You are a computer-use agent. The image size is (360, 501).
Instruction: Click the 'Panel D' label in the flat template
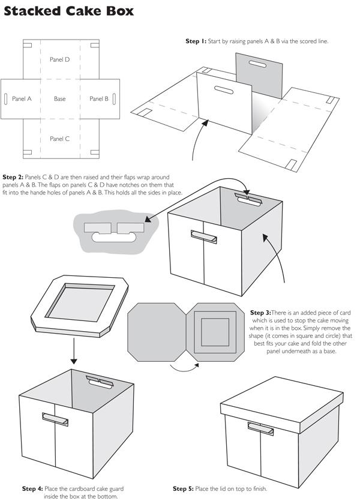(59, 60)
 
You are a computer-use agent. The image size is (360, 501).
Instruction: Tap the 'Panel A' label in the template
(22, 99)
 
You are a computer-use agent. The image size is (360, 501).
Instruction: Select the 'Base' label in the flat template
(59, 99)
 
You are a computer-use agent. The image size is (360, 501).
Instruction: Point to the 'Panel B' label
(99, 99)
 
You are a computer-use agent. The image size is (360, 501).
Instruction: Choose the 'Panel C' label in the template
(60, 139)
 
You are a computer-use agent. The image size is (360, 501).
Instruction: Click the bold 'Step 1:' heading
(196, 41)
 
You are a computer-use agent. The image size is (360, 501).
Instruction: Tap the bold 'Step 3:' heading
(260, 313)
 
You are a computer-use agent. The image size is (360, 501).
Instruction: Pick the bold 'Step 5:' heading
(183, 488)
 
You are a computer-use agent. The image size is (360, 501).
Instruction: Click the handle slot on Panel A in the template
(6, 99)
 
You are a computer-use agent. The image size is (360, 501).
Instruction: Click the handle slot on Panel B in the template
(114, 99)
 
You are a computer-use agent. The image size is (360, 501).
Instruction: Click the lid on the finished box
(280, 408)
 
